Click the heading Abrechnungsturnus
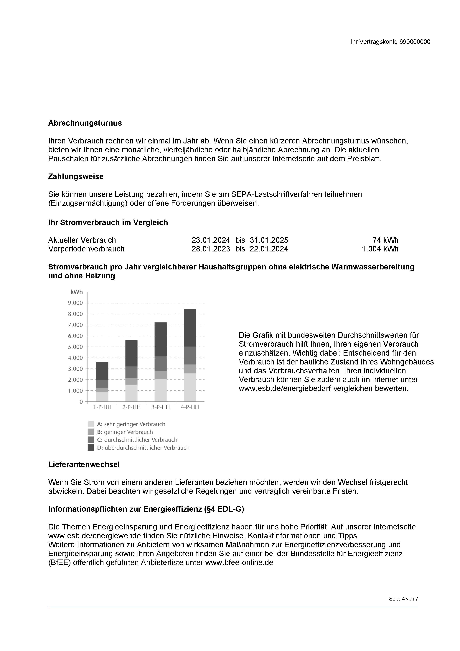85,123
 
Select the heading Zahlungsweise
76,177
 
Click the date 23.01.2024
211,240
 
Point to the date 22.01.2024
269,249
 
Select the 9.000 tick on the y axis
75,303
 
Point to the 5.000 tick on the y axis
75,347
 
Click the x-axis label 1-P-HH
102,407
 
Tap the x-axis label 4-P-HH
190,407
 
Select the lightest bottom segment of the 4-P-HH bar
190,387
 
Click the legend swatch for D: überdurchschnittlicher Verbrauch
91,447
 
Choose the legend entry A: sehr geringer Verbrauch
131,424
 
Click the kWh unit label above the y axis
76,292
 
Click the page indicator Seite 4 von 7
403,599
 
